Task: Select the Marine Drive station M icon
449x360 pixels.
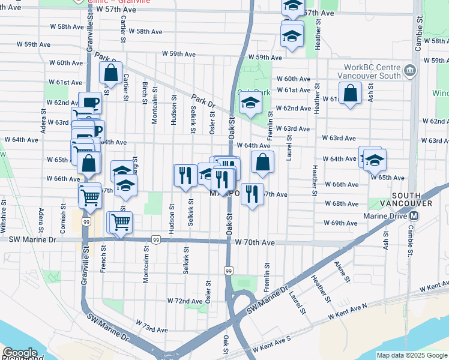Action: [414, 216]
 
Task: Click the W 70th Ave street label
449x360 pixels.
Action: [255, 242]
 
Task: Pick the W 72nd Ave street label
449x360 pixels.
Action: [184, 300]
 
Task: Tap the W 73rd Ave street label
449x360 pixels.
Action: [151, 328]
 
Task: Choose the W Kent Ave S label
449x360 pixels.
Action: [271, 346]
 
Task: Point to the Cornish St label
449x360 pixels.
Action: [62, 220]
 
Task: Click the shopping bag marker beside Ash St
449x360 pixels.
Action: [351, 94]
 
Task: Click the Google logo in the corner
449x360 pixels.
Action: [20, 353]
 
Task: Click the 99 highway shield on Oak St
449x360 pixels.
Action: [229, 271]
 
